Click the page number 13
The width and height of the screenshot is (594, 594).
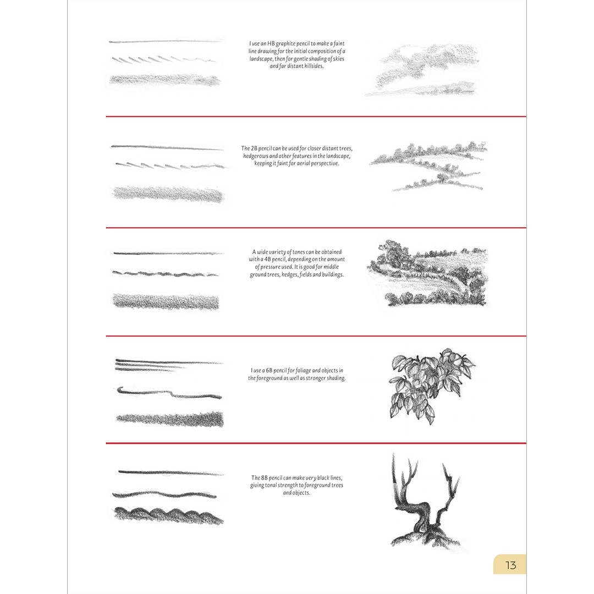(510, 565)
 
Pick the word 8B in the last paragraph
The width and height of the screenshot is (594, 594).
(265, 478)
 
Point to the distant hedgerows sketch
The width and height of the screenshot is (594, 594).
(428, 166)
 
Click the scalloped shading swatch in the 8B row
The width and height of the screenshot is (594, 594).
(169, 516)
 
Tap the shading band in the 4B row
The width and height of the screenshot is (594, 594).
(166, 301)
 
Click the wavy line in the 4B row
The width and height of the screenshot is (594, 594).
(166, 273)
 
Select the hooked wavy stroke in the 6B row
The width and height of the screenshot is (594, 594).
(169, 393)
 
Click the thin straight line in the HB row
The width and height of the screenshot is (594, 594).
(166, 41)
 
